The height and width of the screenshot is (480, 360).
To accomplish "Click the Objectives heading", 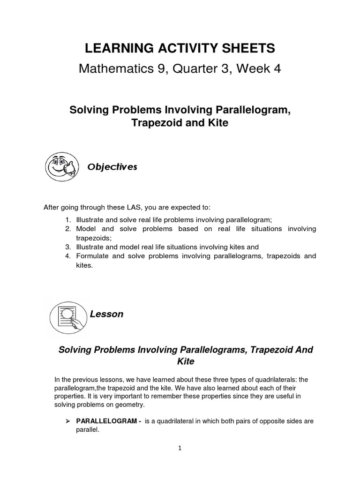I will (112, 167).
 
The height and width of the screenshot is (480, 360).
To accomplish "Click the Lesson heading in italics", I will (107, 314).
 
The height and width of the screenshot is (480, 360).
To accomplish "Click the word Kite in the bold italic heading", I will (185, 361).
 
